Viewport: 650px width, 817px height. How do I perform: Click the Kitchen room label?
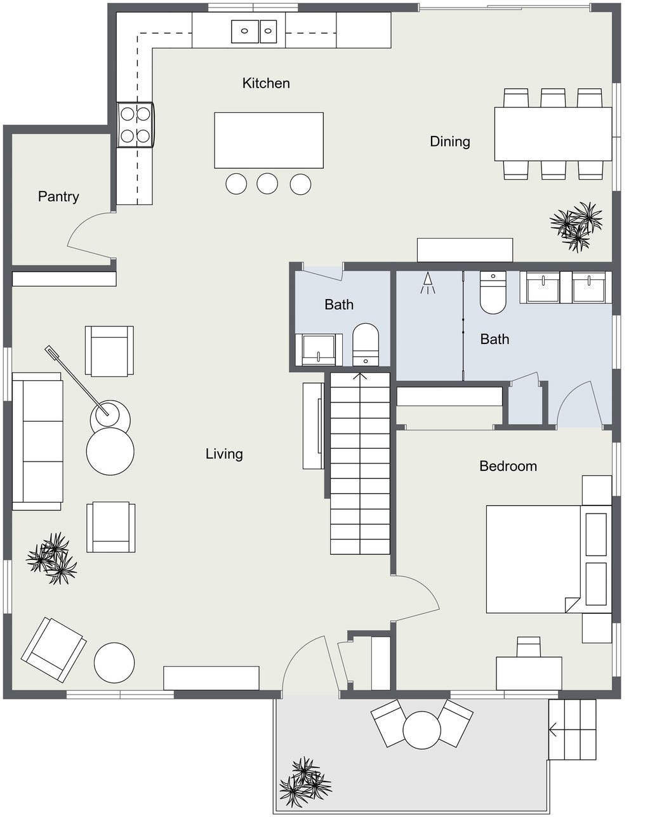pos(266,83)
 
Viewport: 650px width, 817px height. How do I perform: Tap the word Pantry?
pos(58,197)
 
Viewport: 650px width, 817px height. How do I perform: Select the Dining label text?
pos(450,142)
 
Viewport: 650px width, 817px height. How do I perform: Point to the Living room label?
pos(224,454)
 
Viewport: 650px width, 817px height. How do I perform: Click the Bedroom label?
pos(508,466)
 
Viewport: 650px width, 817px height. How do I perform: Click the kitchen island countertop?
pos(269,140)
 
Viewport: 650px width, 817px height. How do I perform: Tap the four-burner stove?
pos(136,124)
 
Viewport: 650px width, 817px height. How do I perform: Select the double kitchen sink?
pos(254,32)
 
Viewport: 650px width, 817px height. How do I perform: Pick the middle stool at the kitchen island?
pos(267,183)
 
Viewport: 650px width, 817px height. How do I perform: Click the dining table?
pos(553,134)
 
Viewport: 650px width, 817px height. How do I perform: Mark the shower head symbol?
pos(428,283)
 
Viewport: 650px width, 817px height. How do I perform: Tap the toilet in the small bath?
pos(365,345)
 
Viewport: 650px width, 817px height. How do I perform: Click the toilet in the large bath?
pos(493,292)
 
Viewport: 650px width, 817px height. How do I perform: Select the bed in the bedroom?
pos(548,559)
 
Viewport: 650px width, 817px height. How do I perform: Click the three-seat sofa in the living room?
pos(37,441)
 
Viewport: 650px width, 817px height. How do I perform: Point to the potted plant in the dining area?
pos(576,227)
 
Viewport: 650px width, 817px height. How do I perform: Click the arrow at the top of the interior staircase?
pos(360,377)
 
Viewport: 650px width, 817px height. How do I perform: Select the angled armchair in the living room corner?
pos(53,649)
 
